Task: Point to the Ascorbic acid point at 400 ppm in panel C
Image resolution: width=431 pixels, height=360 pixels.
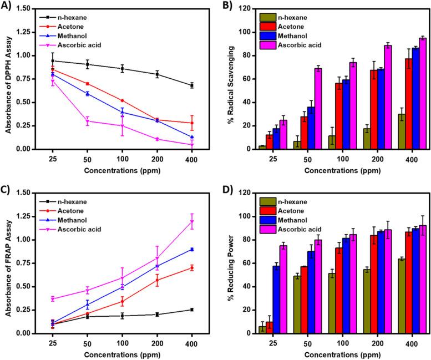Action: (192, 221)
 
